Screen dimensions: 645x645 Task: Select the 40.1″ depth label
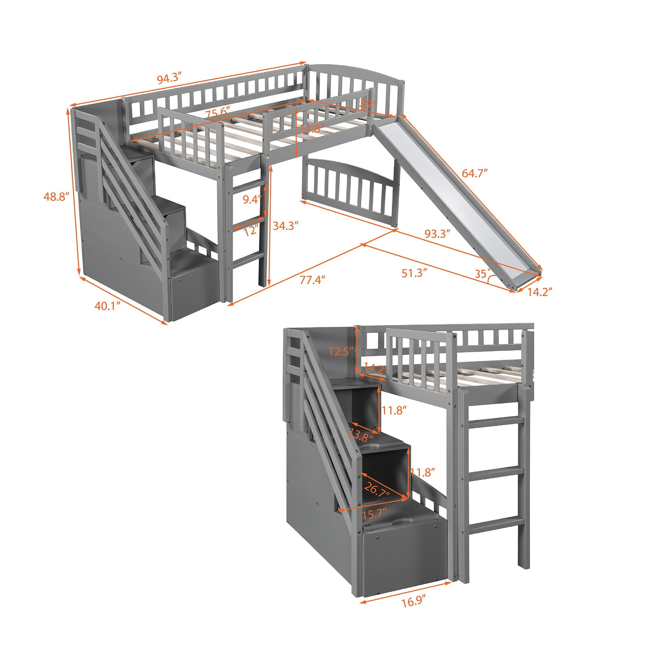click(x=108, y=306)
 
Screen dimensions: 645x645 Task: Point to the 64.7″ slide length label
click(x=475, y=174)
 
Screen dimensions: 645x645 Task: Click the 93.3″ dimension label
click(x=437, y=233)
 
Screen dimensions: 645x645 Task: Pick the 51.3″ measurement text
click(x=414, y=273)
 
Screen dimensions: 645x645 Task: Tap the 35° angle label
click(x=482, y=274)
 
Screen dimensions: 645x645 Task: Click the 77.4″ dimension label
click(x=312, y=279)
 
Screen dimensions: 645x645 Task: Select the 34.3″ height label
click(x=285, y=225)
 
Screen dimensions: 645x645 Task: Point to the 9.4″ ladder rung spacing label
click(x=252, y=200)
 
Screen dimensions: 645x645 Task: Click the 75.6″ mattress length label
click(x=217, y=113)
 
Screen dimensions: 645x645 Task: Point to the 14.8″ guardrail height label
click(x=312, y=129)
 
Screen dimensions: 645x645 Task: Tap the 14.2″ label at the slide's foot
click(x=539, y=292)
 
